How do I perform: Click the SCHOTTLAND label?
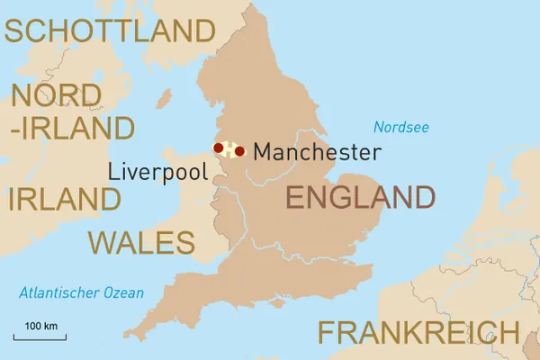click(x=110, y=31)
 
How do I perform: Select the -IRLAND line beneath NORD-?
click(x=72, y=127)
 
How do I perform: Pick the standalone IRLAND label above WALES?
click(x=64, y=199)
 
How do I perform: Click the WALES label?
click(x=141, y=242)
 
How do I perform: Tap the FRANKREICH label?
click(x=418, y=332)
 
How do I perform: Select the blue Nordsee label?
click(x=401, y=127)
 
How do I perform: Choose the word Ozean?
click(x=122, y=292)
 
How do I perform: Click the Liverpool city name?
click(x=158, y=172)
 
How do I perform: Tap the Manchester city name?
click(x=316, y=152)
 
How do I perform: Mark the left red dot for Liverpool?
click(x=219, y=148)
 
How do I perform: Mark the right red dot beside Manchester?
click(x=239, y=151)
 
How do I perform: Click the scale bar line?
click(x=40, y=338)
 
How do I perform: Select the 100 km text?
click(x=40, y=325)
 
